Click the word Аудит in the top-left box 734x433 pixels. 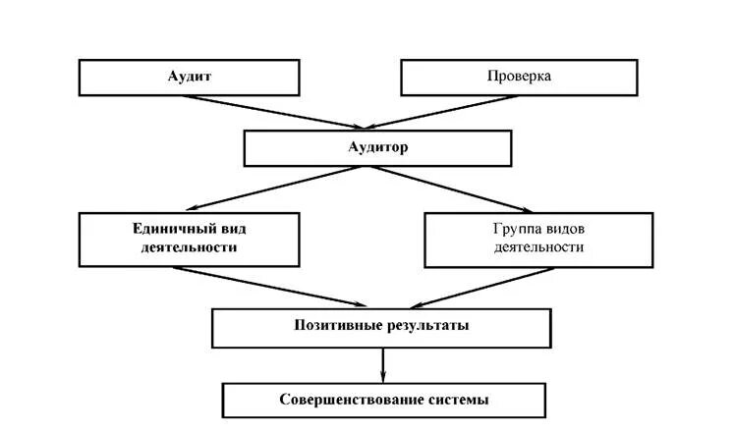click(190, 77)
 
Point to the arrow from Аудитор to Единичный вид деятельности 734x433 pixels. click(265, 188)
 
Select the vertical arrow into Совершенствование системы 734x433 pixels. click(383, 365)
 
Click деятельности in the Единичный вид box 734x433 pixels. click(190, 247)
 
